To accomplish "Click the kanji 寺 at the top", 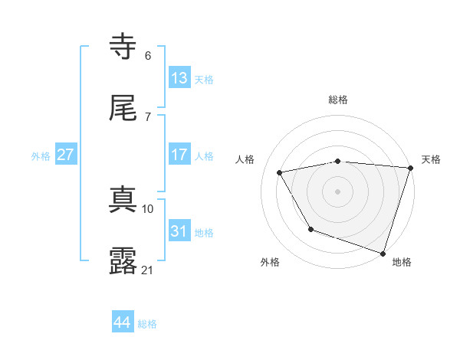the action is (124, 46).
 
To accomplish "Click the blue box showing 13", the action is (179, 78).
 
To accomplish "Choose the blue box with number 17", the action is (179, 155).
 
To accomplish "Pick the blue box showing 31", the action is (179, 231).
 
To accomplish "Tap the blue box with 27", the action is (65, 155).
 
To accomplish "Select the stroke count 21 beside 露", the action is (147, 270).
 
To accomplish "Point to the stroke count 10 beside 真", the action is (148, 208).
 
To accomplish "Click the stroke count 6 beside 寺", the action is (148, 55).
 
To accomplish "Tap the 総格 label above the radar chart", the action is (338, 100).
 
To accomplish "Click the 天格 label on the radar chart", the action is (431, 159).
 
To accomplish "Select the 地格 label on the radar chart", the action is (402, 262).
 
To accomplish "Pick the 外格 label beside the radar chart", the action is (270, 262).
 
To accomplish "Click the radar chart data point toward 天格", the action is (410, 167).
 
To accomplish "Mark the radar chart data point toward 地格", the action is (383, 253).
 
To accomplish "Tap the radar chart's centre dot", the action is (338, 191).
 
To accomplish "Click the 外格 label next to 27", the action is (41, 155).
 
